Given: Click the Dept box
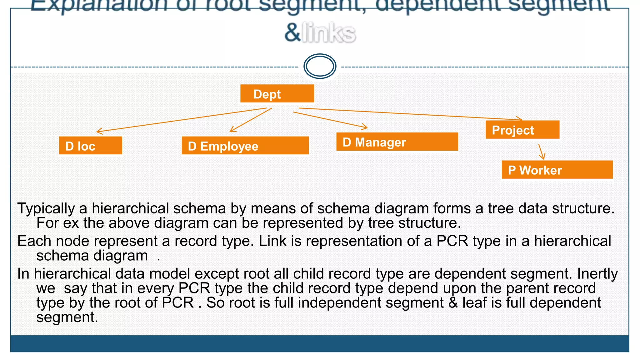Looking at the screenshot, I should [277, 93].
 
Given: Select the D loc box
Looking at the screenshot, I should [90, 146].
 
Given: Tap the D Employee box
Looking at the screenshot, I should [245, 146].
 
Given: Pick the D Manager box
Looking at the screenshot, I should [397, 142].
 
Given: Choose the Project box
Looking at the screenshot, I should [522, 130].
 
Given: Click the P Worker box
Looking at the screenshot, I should [557, 170].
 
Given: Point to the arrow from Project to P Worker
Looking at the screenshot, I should [542, 152].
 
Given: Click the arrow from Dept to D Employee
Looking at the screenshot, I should [251, 120].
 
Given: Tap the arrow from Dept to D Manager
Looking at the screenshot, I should [330, 120].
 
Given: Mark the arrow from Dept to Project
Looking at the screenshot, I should [409, 113].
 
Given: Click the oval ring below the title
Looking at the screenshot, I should [320, 66].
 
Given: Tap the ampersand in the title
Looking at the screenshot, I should [292, 33].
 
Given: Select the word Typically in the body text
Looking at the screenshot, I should [46, 208].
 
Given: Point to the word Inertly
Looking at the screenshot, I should [597, 274].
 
